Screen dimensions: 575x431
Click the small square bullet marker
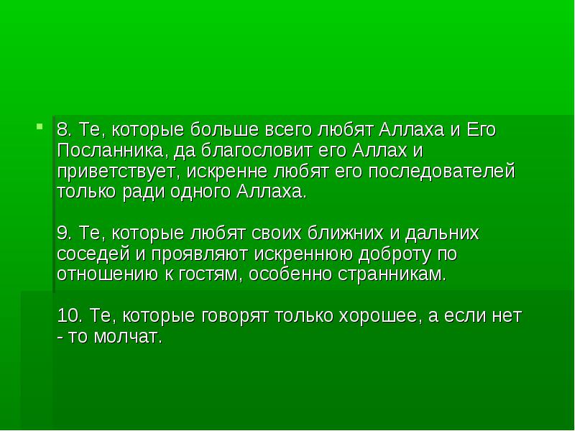tap(40, 126)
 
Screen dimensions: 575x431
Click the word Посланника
tap(110, 151)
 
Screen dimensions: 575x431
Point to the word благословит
tap(257, 151)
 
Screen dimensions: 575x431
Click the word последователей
tap(441, 172)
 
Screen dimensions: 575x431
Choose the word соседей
tap(93, 254)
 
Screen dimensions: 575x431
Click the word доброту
tap(394, 254)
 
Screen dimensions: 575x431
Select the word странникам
tap(391, 274)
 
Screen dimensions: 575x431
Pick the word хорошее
tap(378, 316)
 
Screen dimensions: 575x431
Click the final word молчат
tap(128, 337)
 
